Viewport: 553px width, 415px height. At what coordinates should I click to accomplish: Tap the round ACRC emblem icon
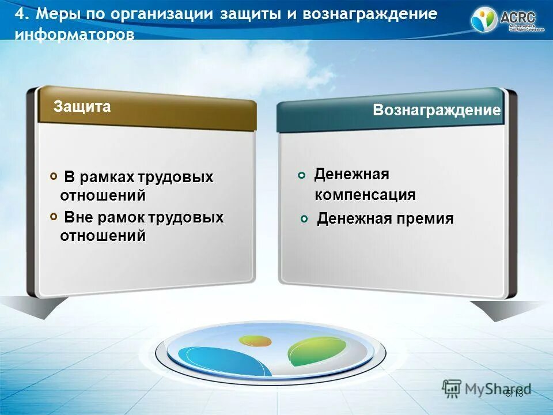(484, 20)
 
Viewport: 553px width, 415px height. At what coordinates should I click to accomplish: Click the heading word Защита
(82, 107)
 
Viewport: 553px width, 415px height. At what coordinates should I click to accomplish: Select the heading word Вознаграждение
(437, 111)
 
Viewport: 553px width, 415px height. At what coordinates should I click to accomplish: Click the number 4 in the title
(18, 14)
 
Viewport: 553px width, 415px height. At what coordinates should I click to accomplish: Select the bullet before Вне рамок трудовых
(54, 216)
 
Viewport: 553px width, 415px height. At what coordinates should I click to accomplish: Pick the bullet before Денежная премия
(306, 219)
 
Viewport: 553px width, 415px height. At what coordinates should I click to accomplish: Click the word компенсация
(365, 195)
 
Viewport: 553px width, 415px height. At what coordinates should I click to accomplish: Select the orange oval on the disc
(255, 340)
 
